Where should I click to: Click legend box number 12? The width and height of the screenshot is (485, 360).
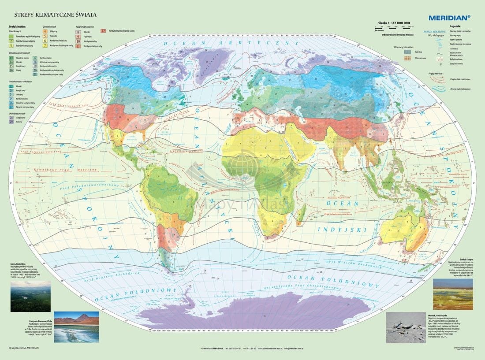click(103, 31)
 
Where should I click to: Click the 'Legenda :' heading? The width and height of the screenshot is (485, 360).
click(456, 26)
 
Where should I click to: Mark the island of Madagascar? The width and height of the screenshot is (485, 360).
click(303, 215)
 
